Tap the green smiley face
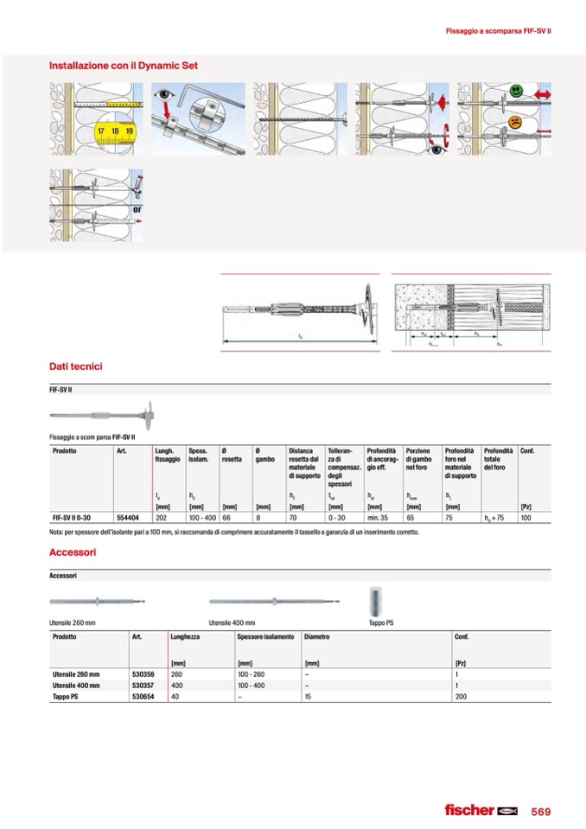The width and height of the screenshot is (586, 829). (516, 90)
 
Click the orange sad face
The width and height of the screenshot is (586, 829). (516, 122)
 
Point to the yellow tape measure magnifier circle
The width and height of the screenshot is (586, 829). (115, 131)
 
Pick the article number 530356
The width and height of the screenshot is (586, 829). (143, 673)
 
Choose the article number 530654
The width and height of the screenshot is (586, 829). (143, 696)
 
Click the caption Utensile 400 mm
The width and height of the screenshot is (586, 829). (232, 622)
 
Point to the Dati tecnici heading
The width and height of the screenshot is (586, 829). (76, 367)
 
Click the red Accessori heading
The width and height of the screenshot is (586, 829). (73, 552)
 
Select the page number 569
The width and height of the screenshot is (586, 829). (541, 811)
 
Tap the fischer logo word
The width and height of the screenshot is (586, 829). (468, 810)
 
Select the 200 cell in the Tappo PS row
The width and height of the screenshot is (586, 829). (461, 696)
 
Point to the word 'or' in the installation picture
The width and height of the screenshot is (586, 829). (137, 209)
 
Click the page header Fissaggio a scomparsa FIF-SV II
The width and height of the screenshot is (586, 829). (498, 32)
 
